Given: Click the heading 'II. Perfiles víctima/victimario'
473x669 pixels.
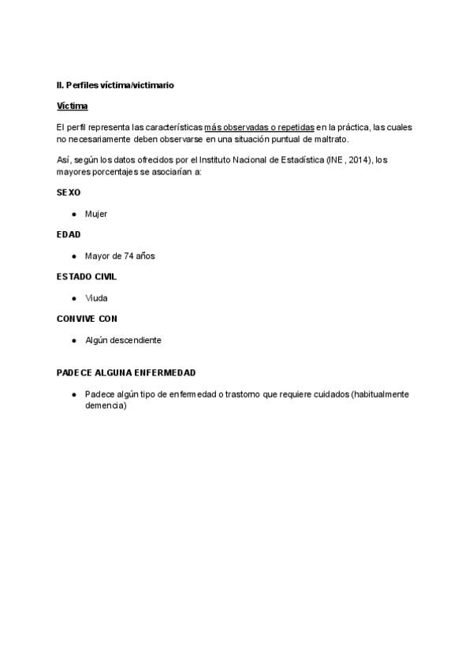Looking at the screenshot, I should [115, 84].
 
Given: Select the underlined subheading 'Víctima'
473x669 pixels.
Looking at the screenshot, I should [73, 106].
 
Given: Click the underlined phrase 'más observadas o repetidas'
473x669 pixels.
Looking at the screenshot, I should [259, 127].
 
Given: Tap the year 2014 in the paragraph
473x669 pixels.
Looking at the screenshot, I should [359, 160].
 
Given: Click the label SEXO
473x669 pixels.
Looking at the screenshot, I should [69, 192].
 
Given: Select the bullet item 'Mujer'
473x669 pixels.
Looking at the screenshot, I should [96, 214].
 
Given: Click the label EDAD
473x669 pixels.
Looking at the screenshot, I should [69, 234].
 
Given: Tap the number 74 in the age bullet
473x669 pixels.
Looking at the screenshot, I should [130, 256].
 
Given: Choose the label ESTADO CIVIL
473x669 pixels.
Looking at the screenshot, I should [88, 277].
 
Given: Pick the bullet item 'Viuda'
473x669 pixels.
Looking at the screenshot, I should [96, 298].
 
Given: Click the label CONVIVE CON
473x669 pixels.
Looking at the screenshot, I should [87, 319].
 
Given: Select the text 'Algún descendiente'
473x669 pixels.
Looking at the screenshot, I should [123, 340].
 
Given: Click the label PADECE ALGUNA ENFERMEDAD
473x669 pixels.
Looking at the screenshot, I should [126, 372].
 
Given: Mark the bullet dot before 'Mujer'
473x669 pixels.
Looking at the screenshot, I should [73, 214].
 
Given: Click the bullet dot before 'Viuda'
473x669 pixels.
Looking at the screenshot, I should [73, 298].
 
